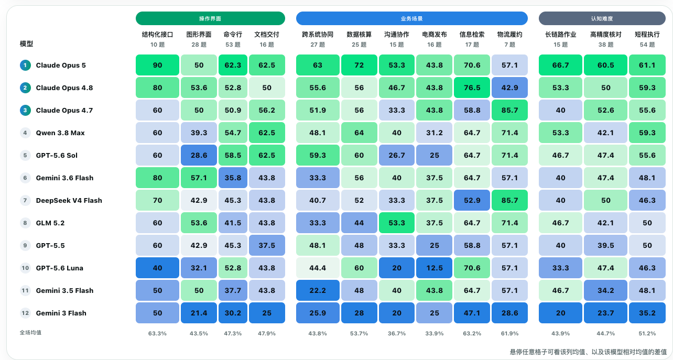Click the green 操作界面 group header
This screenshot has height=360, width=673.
pos(210,18)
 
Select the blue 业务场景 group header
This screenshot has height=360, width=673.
pos(411,18)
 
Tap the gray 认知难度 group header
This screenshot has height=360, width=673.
pos(602,18)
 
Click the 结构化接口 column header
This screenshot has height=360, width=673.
pos(157,35)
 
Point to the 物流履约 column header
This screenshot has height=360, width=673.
pos(509,35)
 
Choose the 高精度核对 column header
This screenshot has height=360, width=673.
pos(606,35)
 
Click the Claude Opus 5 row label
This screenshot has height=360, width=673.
pos(61,65)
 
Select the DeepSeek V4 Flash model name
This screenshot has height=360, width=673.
pos(69,200)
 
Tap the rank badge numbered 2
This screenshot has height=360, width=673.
pos(25,88)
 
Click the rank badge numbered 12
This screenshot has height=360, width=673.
pos(25,313)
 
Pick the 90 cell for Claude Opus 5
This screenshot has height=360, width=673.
pos(157,65)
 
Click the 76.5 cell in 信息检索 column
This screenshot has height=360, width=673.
pos(472,88)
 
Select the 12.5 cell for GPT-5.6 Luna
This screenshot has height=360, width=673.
pos(434,268)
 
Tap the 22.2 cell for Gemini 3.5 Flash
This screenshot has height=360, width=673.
pos(318,290)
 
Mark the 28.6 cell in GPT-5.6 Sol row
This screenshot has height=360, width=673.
pos(199,155)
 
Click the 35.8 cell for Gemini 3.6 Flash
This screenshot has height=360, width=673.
pos(233,178)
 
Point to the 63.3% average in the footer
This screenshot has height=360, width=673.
pos(157,334)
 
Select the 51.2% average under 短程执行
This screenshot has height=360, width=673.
pos(647,334)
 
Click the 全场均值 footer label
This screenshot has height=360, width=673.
pos(30,333)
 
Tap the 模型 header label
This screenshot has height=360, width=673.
pos(26,44)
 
